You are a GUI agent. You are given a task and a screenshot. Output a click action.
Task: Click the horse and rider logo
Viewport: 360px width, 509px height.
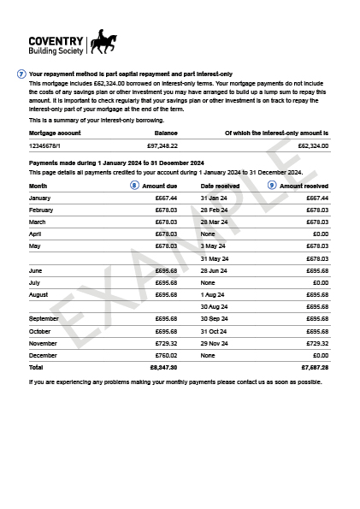(103, 41)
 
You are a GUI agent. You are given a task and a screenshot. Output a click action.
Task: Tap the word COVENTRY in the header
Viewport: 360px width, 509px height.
(56, 40)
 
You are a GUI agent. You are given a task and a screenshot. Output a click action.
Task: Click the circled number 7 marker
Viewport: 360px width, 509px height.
(21, 74)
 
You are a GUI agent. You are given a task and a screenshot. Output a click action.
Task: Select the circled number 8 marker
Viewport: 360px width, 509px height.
(134, 185)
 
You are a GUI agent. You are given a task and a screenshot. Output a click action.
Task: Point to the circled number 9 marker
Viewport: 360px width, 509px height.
(272, 185)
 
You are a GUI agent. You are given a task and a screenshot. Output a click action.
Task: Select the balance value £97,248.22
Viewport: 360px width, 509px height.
(162, 146)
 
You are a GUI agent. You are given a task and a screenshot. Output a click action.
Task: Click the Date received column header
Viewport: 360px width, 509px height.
(220, 186)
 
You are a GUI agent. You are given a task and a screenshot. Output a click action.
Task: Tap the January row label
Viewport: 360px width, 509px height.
(40, 198)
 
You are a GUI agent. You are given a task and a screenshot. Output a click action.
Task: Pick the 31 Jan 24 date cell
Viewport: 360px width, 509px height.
(214, 198)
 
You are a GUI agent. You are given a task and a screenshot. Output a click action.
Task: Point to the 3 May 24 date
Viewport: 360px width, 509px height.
(212, 246)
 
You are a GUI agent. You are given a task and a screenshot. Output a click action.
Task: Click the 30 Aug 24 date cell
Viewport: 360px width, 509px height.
(214, 306)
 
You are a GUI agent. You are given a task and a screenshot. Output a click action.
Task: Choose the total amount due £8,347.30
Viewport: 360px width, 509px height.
(163, 367)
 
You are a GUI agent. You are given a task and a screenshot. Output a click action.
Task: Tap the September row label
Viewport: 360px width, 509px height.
(44, 318)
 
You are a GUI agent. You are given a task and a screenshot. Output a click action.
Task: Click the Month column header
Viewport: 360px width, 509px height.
(38, 186)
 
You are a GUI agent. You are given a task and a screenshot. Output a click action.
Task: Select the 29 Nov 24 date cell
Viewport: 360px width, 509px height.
(215, 343)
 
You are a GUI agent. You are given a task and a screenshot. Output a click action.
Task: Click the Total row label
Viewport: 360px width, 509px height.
(36, 367)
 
